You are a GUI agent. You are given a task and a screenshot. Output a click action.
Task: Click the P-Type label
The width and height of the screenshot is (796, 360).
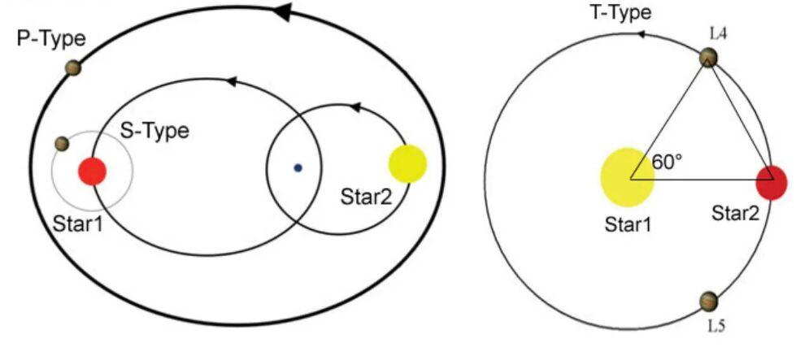click(x=51, y=38)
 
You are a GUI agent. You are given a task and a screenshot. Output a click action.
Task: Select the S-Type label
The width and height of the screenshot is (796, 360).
click(x=159, y=130)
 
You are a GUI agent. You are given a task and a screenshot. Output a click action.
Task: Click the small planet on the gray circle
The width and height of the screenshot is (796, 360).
click(x=62, y=144)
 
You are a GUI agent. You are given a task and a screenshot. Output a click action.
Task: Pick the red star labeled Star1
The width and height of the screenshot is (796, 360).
click(x=92, y=171)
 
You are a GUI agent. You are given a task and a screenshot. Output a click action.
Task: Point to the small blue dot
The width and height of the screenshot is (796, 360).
click(x=298, y=168)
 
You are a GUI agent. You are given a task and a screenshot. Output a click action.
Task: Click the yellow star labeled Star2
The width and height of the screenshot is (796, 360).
click(x=407, y=163)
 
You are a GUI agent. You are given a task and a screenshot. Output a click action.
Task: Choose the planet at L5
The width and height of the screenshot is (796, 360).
click(x=709, y=301)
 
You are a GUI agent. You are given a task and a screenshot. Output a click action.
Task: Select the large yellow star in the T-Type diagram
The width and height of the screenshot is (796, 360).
click(x=627, y=176)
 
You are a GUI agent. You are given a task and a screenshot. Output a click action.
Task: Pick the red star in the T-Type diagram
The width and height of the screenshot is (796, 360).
click(x=770, y=182)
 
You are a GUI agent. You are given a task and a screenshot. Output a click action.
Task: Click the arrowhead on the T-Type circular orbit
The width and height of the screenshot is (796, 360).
click(x=642, y=34)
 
